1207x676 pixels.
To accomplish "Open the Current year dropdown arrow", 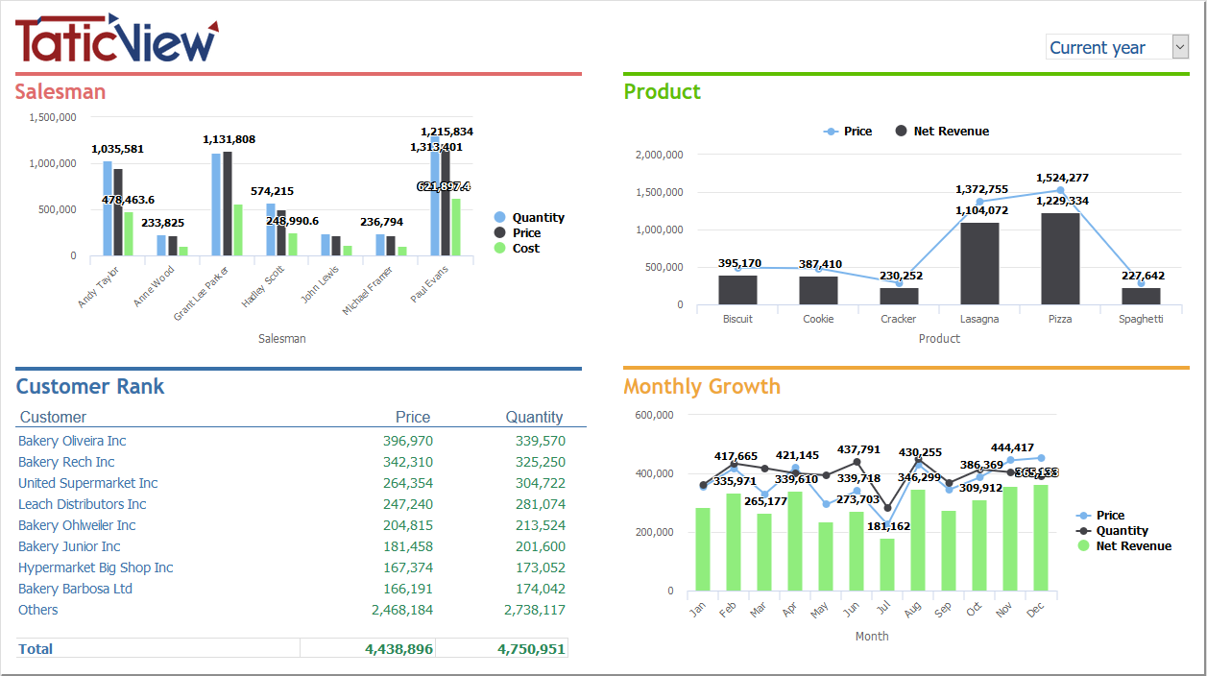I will (x=1180, y=47).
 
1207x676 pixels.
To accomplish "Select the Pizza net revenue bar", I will (x=1060, y=258).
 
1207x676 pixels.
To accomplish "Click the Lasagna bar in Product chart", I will (x=979, y=263).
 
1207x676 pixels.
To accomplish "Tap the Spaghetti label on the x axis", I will (x=1141, y=319).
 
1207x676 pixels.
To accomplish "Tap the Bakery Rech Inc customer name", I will (x=66, y=462).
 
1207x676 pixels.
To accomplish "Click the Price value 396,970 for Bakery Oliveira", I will (x=407, y=441).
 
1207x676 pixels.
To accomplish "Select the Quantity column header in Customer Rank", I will (x=534, y=417).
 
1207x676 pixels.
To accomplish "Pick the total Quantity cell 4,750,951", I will (x=531, y=649).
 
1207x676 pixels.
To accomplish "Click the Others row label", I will (x=38, y=610).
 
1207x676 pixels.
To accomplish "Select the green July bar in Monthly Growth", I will (x=886, y=565).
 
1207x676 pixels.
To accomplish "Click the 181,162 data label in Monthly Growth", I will (x=887, y=526).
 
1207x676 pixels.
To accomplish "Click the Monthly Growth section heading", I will (x=702, y=386).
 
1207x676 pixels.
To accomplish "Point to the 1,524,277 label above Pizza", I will (x=1062, y=178).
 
